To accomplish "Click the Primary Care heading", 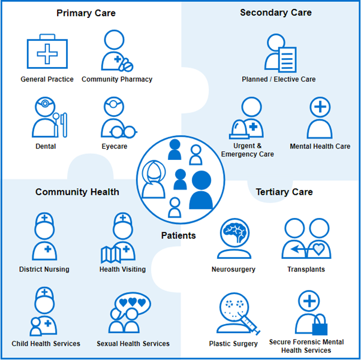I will [86, 13].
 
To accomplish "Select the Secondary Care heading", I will [275, 12].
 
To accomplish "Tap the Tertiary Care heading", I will [284, 192].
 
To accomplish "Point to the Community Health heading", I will [77, 192].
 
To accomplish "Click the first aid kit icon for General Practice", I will [47, 53].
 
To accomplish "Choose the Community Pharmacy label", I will [117, 79].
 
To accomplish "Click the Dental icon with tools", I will [48, 118].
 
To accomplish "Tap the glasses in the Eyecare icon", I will [124, 132].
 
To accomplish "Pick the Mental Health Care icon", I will [320, 118].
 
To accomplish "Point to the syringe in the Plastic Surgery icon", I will [252, 324].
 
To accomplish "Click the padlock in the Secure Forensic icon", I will [318, 325].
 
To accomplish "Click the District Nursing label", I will [44, 270].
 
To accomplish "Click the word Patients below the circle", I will [178, 235].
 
